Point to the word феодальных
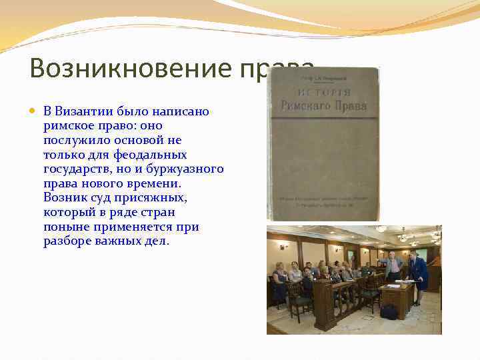[x=150, y=154]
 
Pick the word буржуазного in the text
[x=187, y=169]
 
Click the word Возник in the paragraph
[x=65, y=198]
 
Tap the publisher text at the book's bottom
[x=323, y=201]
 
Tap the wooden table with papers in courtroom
[x=397, y=293]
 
